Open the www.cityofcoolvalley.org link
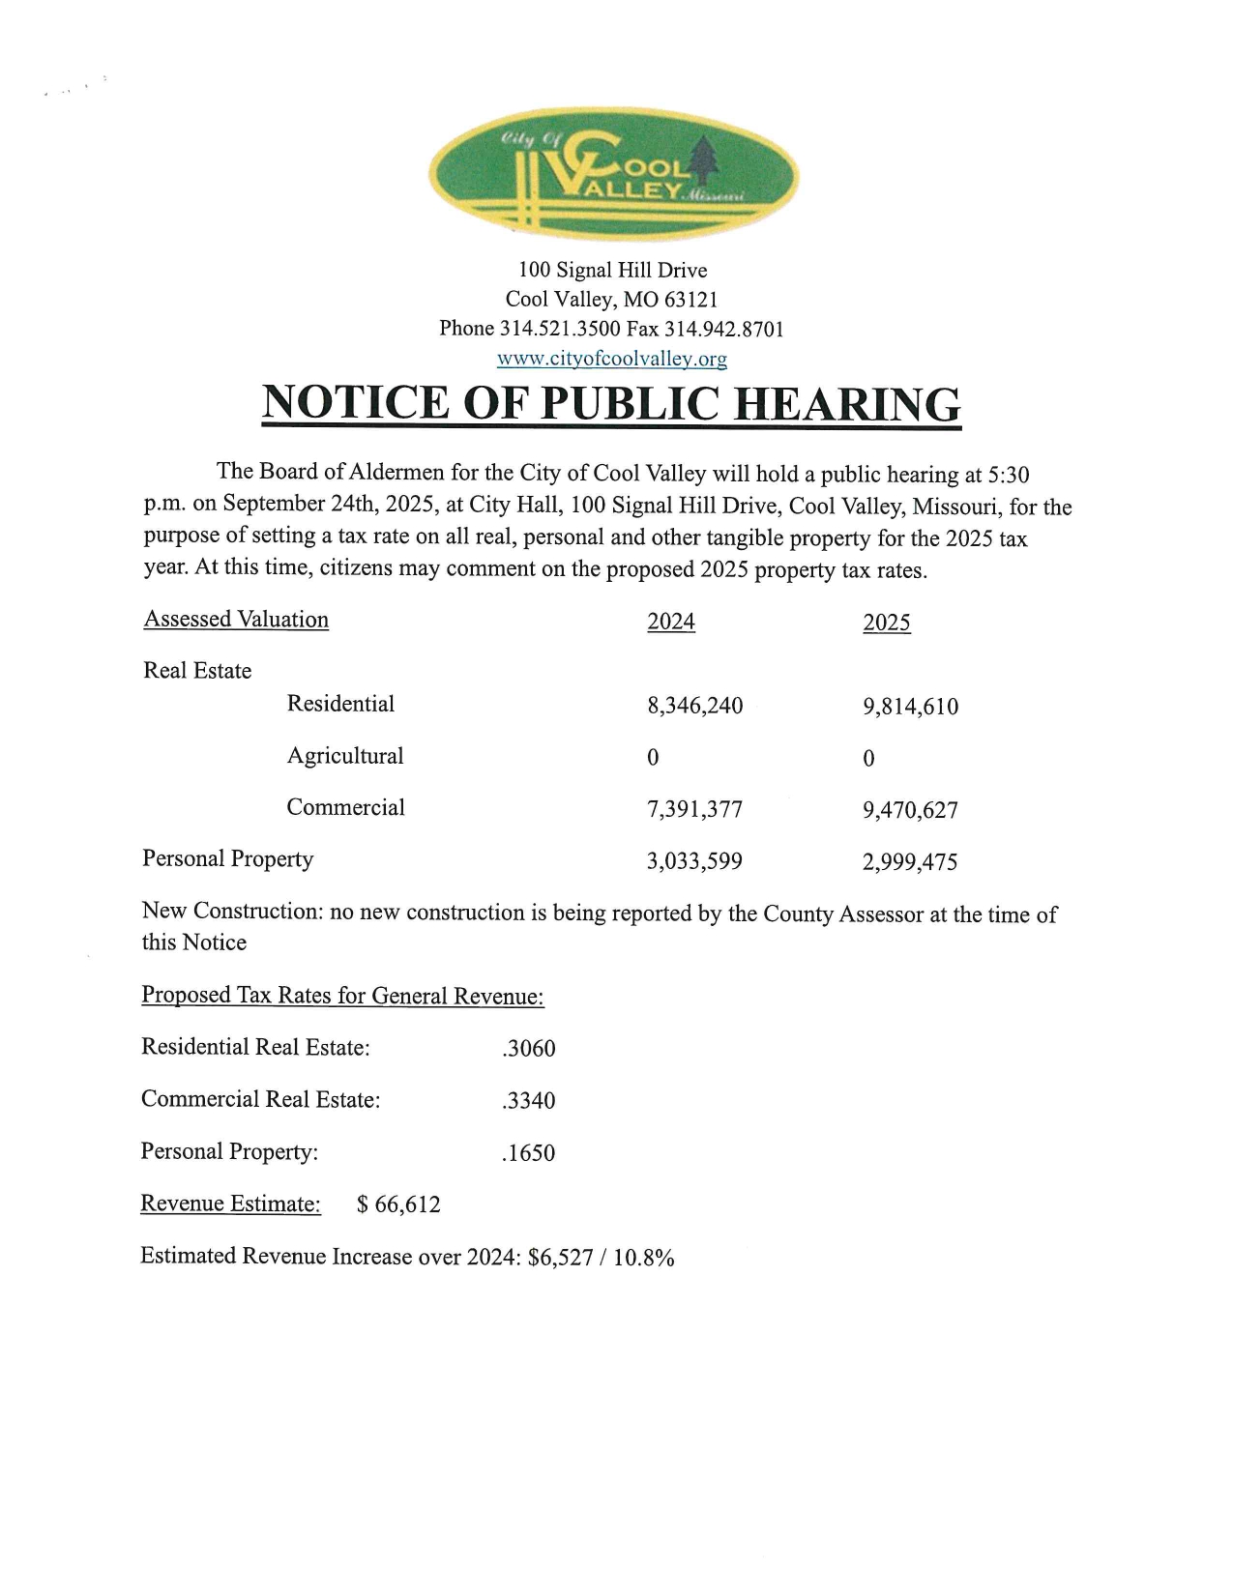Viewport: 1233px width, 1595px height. point(611,359)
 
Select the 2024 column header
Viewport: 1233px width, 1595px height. point(671,622)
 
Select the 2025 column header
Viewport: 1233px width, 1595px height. point(887,623)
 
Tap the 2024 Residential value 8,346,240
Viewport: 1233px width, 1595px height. point(694,706)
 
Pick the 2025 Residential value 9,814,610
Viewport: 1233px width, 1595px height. point(910,707)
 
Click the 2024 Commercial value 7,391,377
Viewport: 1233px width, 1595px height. point(694,809)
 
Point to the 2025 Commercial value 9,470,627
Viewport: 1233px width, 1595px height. point(910,810)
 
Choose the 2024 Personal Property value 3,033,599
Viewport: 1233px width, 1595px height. point(694,860)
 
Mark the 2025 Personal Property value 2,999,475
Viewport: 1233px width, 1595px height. point(910,861)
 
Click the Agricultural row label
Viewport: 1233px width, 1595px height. point(345,756)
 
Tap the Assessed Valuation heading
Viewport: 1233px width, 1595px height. point(236,620)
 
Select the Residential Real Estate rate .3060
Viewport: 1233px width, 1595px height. point(529,1049)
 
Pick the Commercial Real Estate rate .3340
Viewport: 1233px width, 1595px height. point(529,1101)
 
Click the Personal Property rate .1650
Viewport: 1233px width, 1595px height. point(529,1153)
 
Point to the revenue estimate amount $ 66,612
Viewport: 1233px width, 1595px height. point(398,1204)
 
